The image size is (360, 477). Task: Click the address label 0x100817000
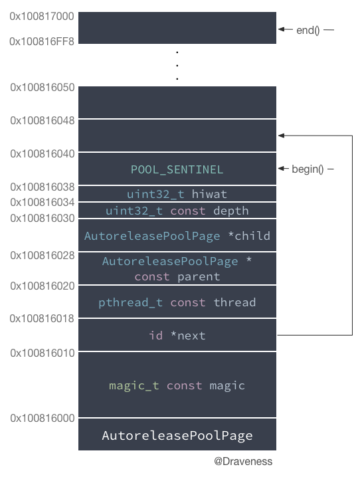click(42, 16)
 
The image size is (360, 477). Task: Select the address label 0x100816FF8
click(42, 41)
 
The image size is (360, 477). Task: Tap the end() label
click(308, 30)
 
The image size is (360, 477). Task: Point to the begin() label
click(308, 169)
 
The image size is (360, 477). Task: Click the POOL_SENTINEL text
click(177, 170)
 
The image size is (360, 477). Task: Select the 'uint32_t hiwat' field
click(177, 194)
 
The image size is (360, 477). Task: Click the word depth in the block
click(231, 211)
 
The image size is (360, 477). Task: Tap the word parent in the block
click(199, 277)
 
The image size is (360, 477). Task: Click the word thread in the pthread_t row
click(234, 302)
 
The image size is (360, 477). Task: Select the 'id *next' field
click(177, 335)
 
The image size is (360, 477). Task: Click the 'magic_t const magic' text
click(177, 386)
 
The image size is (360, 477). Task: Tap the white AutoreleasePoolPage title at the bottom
click(177, 436)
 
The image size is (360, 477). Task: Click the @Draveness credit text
click(243, 462)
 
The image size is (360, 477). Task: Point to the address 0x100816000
click(43, 419)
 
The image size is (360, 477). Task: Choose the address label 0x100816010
click(43, 353)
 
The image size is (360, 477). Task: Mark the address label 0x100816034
click(43, 202)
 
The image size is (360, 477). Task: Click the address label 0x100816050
click(43, 87)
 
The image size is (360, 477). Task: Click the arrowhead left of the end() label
click(282, 29)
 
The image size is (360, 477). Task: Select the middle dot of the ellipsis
click(177, 65)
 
